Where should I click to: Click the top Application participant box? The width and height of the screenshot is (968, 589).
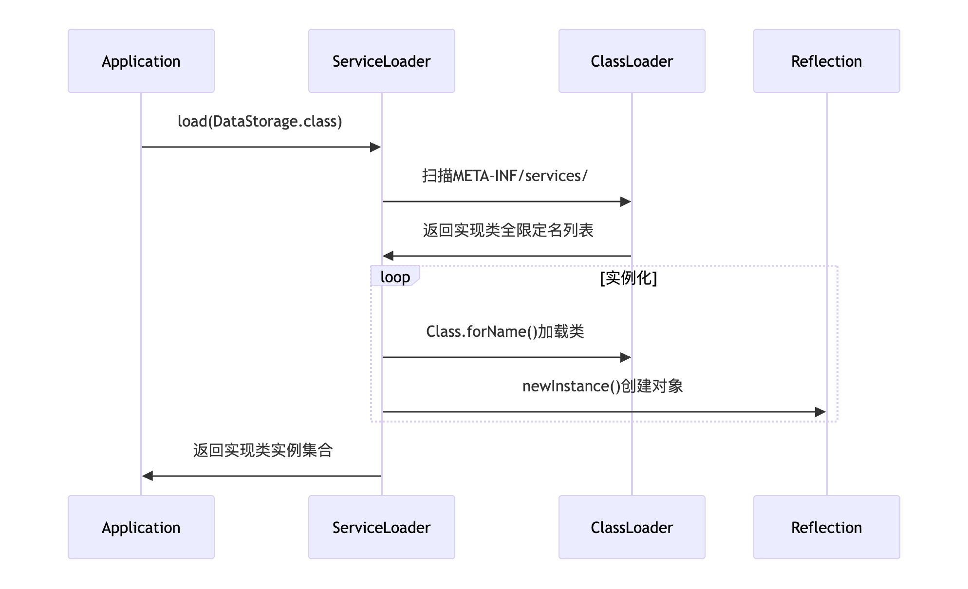pyautogui.click(x=141, y=61)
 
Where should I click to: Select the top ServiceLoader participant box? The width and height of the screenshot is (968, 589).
pyautogui.click(x=381, y=61)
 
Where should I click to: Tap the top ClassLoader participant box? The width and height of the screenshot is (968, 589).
pyautogui.click(x=632, y=61)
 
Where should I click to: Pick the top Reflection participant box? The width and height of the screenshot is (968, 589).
pyautogui.click(x=826, y=61)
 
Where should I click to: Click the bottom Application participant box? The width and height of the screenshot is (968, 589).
pyautogui.click(x=141, y=527)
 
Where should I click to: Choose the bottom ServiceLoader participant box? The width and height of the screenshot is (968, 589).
pyautogui.click(x=381, y=527)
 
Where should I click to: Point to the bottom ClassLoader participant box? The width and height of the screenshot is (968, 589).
pyautogui.click(x=632, y=527)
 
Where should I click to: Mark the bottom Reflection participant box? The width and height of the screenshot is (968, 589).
pyautogui.click(x=826, y=527)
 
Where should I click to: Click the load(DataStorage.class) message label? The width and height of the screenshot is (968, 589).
pyautogui.click(x=260, y=121)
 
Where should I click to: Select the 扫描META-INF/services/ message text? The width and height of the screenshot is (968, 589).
pyautogui.click(x=505, y=176)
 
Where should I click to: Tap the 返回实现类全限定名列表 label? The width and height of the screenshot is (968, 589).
pyautogui.click(x=508, y=230)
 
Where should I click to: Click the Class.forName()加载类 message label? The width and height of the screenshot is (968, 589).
pyautogui.click(x=505, y=331)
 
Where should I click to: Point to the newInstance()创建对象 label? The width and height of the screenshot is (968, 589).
pyautogui.click(x=602, y=386)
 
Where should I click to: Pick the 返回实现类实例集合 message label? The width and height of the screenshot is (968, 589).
pyautogui.click(x=262, y=450)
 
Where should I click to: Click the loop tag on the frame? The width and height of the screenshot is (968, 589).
pyautogui.click(x=395, y=277)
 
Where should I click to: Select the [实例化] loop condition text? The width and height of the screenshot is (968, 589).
pyautogui.click(x=628, y=278)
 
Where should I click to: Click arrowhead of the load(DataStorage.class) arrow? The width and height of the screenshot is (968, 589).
pyautogui.click(x=375, y=147)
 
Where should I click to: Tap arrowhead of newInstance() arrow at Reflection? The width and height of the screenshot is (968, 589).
pyautogui.click(x=820, y=412)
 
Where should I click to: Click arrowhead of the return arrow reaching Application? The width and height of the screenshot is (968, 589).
pyautogui.click(x=148, y=476)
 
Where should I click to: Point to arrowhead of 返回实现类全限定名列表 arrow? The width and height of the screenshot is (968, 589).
pyautogui.click(x=388, y=256)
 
